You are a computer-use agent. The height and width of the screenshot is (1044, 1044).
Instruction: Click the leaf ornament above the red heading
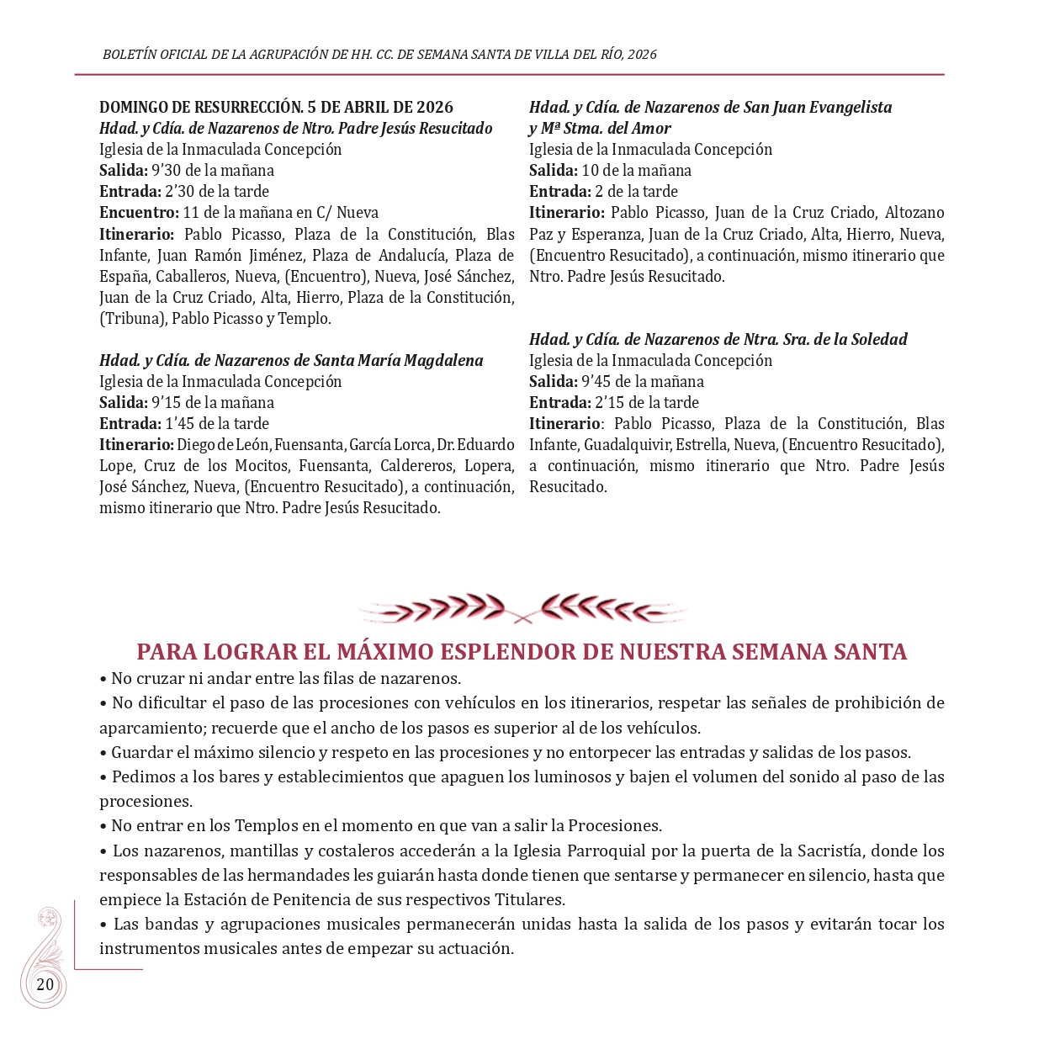522,608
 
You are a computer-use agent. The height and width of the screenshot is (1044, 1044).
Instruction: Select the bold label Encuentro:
139,213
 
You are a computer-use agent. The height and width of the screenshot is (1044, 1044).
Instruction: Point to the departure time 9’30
167,171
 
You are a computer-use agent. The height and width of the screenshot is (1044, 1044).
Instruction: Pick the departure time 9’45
596,382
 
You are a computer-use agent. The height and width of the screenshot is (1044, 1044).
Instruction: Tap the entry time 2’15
608,403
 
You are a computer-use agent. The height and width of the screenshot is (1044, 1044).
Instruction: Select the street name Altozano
914,213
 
